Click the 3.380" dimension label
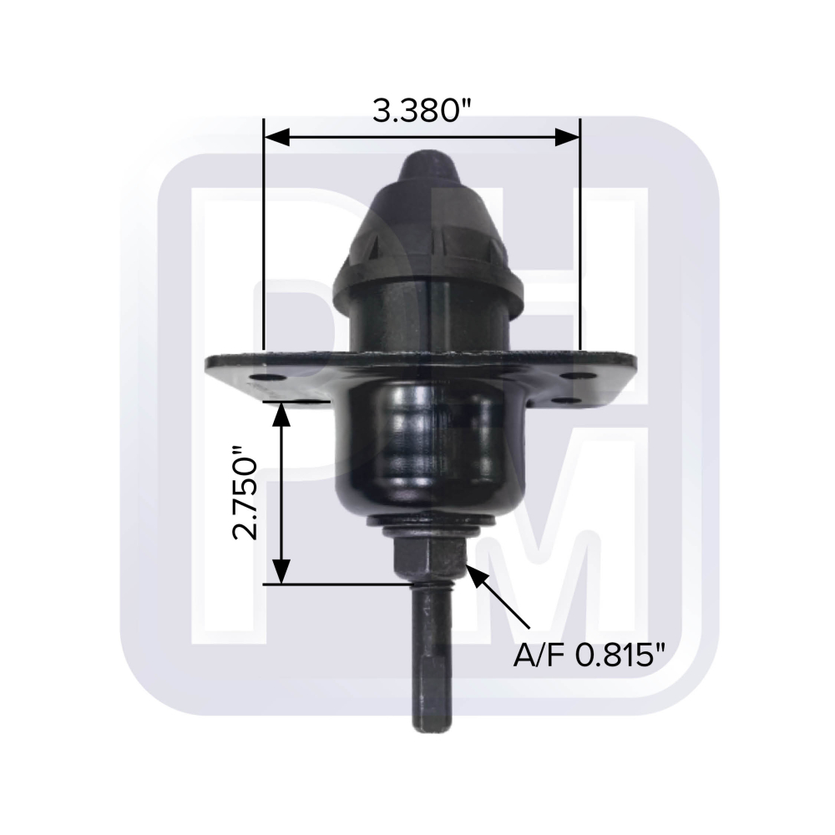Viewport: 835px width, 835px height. [x=422, y=111]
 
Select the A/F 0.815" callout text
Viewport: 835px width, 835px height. [x=590, y=655]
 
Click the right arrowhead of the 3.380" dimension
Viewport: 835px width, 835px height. [x=567, y=137]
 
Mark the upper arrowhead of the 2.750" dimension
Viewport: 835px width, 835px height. [x=281, y=415]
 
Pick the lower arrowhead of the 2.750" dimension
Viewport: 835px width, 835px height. [x=281, y=571]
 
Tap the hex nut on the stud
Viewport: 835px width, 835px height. [x=430, y=559]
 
